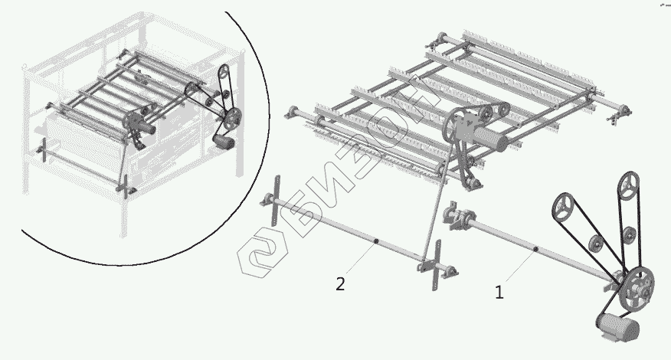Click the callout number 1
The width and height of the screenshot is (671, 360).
499,293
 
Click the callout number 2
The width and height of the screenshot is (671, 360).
340,284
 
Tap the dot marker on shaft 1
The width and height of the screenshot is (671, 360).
535,249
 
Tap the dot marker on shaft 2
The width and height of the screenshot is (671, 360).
375,242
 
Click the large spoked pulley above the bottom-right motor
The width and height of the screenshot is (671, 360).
637,288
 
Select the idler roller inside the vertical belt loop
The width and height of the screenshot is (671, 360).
628,234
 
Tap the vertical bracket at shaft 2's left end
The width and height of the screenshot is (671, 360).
276,201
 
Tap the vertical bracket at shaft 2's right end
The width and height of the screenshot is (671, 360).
436,265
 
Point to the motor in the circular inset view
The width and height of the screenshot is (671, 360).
224,141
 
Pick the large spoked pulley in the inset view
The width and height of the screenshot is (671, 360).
233,116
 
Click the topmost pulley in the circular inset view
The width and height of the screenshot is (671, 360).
224,72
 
